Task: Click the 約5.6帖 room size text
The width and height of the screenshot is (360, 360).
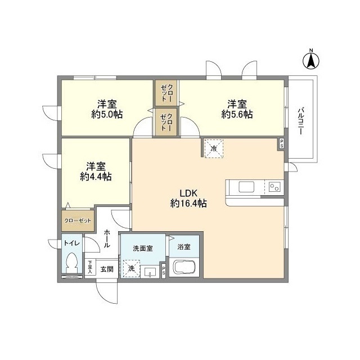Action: (237, 114)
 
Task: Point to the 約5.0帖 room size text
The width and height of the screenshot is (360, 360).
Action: (107, 114)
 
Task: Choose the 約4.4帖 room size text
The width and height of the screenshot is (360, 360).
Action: (96, 176)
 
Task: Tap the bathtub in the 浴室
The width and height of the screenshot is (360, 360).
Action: (184, 268)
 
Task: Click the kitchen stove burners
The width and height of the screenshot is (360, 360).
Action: (274, 187)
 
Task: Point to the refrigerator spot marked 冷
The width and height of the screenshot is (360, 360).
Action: (214, 148)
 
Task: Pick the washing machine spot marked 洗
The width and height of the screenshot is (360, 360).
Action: (131, 269)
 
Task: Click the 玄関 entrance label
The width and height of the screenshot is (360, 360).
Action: (107, 269)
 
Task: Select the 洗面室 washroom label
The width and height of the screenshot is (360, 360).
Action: (143, 248)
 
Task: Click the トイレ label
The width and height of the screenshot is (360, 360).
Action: (71, 243)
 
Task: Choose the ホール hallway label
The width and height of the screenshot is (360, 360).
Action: (107, 237)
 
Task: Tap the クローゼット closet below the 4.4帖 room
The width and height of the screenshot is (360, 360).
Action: (78, 220)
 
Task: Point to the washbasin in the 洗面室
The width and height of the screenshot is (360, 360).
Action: (150, 273)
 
